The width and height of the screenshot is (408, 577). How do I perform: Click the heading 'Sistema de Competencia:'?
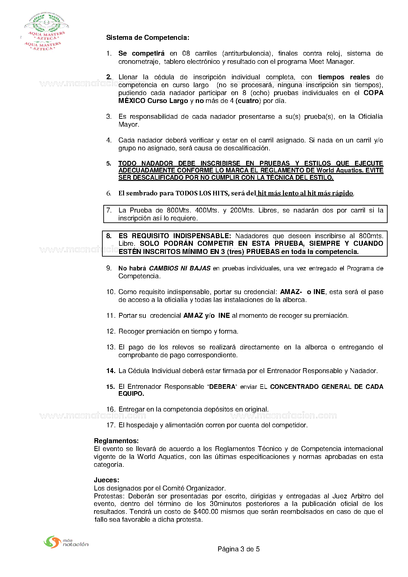coord(147,38)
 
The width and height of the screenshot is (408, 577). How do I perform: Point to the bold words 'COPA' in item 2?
coord(373,93)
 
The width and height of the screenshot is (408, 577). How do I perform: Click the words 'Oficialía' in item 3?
coord(370,117)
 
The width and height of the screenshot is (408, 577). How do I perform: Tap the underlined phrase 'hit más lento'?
coord(278,193)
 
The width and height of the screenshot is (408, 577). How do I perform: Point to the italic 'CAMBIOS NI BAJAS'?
coord(180,268)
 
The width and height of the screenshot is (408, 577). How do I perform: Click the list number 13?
coord(110,347)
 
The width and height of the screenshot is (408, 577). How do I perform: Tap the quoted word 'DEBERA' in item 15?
coord(222,387)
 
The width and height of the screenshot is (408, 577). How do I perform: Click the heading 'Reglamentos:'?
coord(116,441)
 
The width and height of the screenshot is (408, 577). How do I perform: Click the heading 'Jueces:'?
coord(106,480)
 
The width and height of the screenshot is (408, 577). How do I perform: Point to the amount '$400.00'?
coord(206,512)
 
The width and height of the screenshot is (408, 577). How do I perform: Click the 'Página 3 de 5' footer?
coord(239,549)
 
